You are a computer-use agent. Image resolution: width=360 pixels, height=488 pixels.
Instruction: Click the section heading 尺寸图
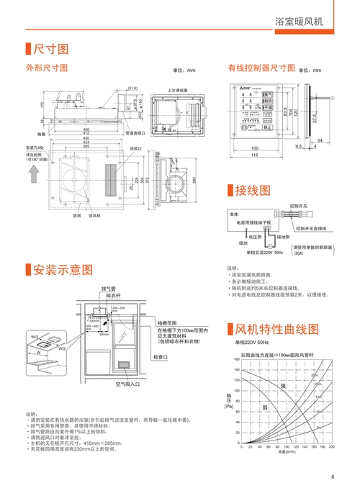click(x=51, y=49)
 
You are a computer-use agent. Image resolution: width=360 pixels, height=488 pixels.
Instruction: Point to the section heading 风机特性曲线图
click(x=277, y=329)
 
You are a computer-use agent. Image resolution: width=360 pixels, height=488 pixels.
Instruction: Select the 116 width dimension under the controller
click(x=255, y=155)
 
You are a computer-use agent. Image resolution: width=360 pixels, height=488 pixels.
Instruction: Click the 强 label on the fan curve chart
click(x=283, y=387)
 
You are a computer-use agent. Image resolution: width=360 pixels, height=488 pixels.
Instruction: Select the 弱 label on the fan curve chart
click(x=266, y=407)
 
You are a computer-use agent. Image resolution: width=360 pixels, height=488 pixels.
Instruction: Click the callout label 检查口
click(x=160, y=357)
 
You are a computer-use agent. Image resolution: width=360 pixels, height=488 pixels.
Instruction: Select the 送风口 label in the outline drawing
click(x=134, y=148)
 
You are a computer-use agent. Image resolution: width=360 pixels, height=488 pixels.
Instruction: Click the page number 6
click(x=333, y=476)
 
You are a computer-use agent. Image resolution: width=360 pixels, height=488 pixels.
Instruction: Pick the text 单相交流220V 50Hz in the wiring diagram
click(x=264, y=253)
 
